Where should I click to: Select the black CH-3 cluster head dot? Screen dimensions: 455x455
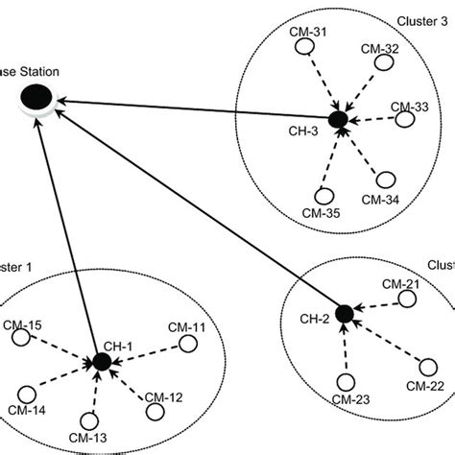336,119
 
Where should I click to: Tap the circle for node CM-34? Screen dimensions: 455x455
386,180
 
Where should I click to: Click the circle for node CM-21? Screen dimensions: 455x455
408,299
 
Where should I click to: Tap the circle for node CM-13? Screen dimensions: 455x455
89,421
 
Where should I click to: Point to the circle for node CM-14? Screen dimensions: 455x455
28,394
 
